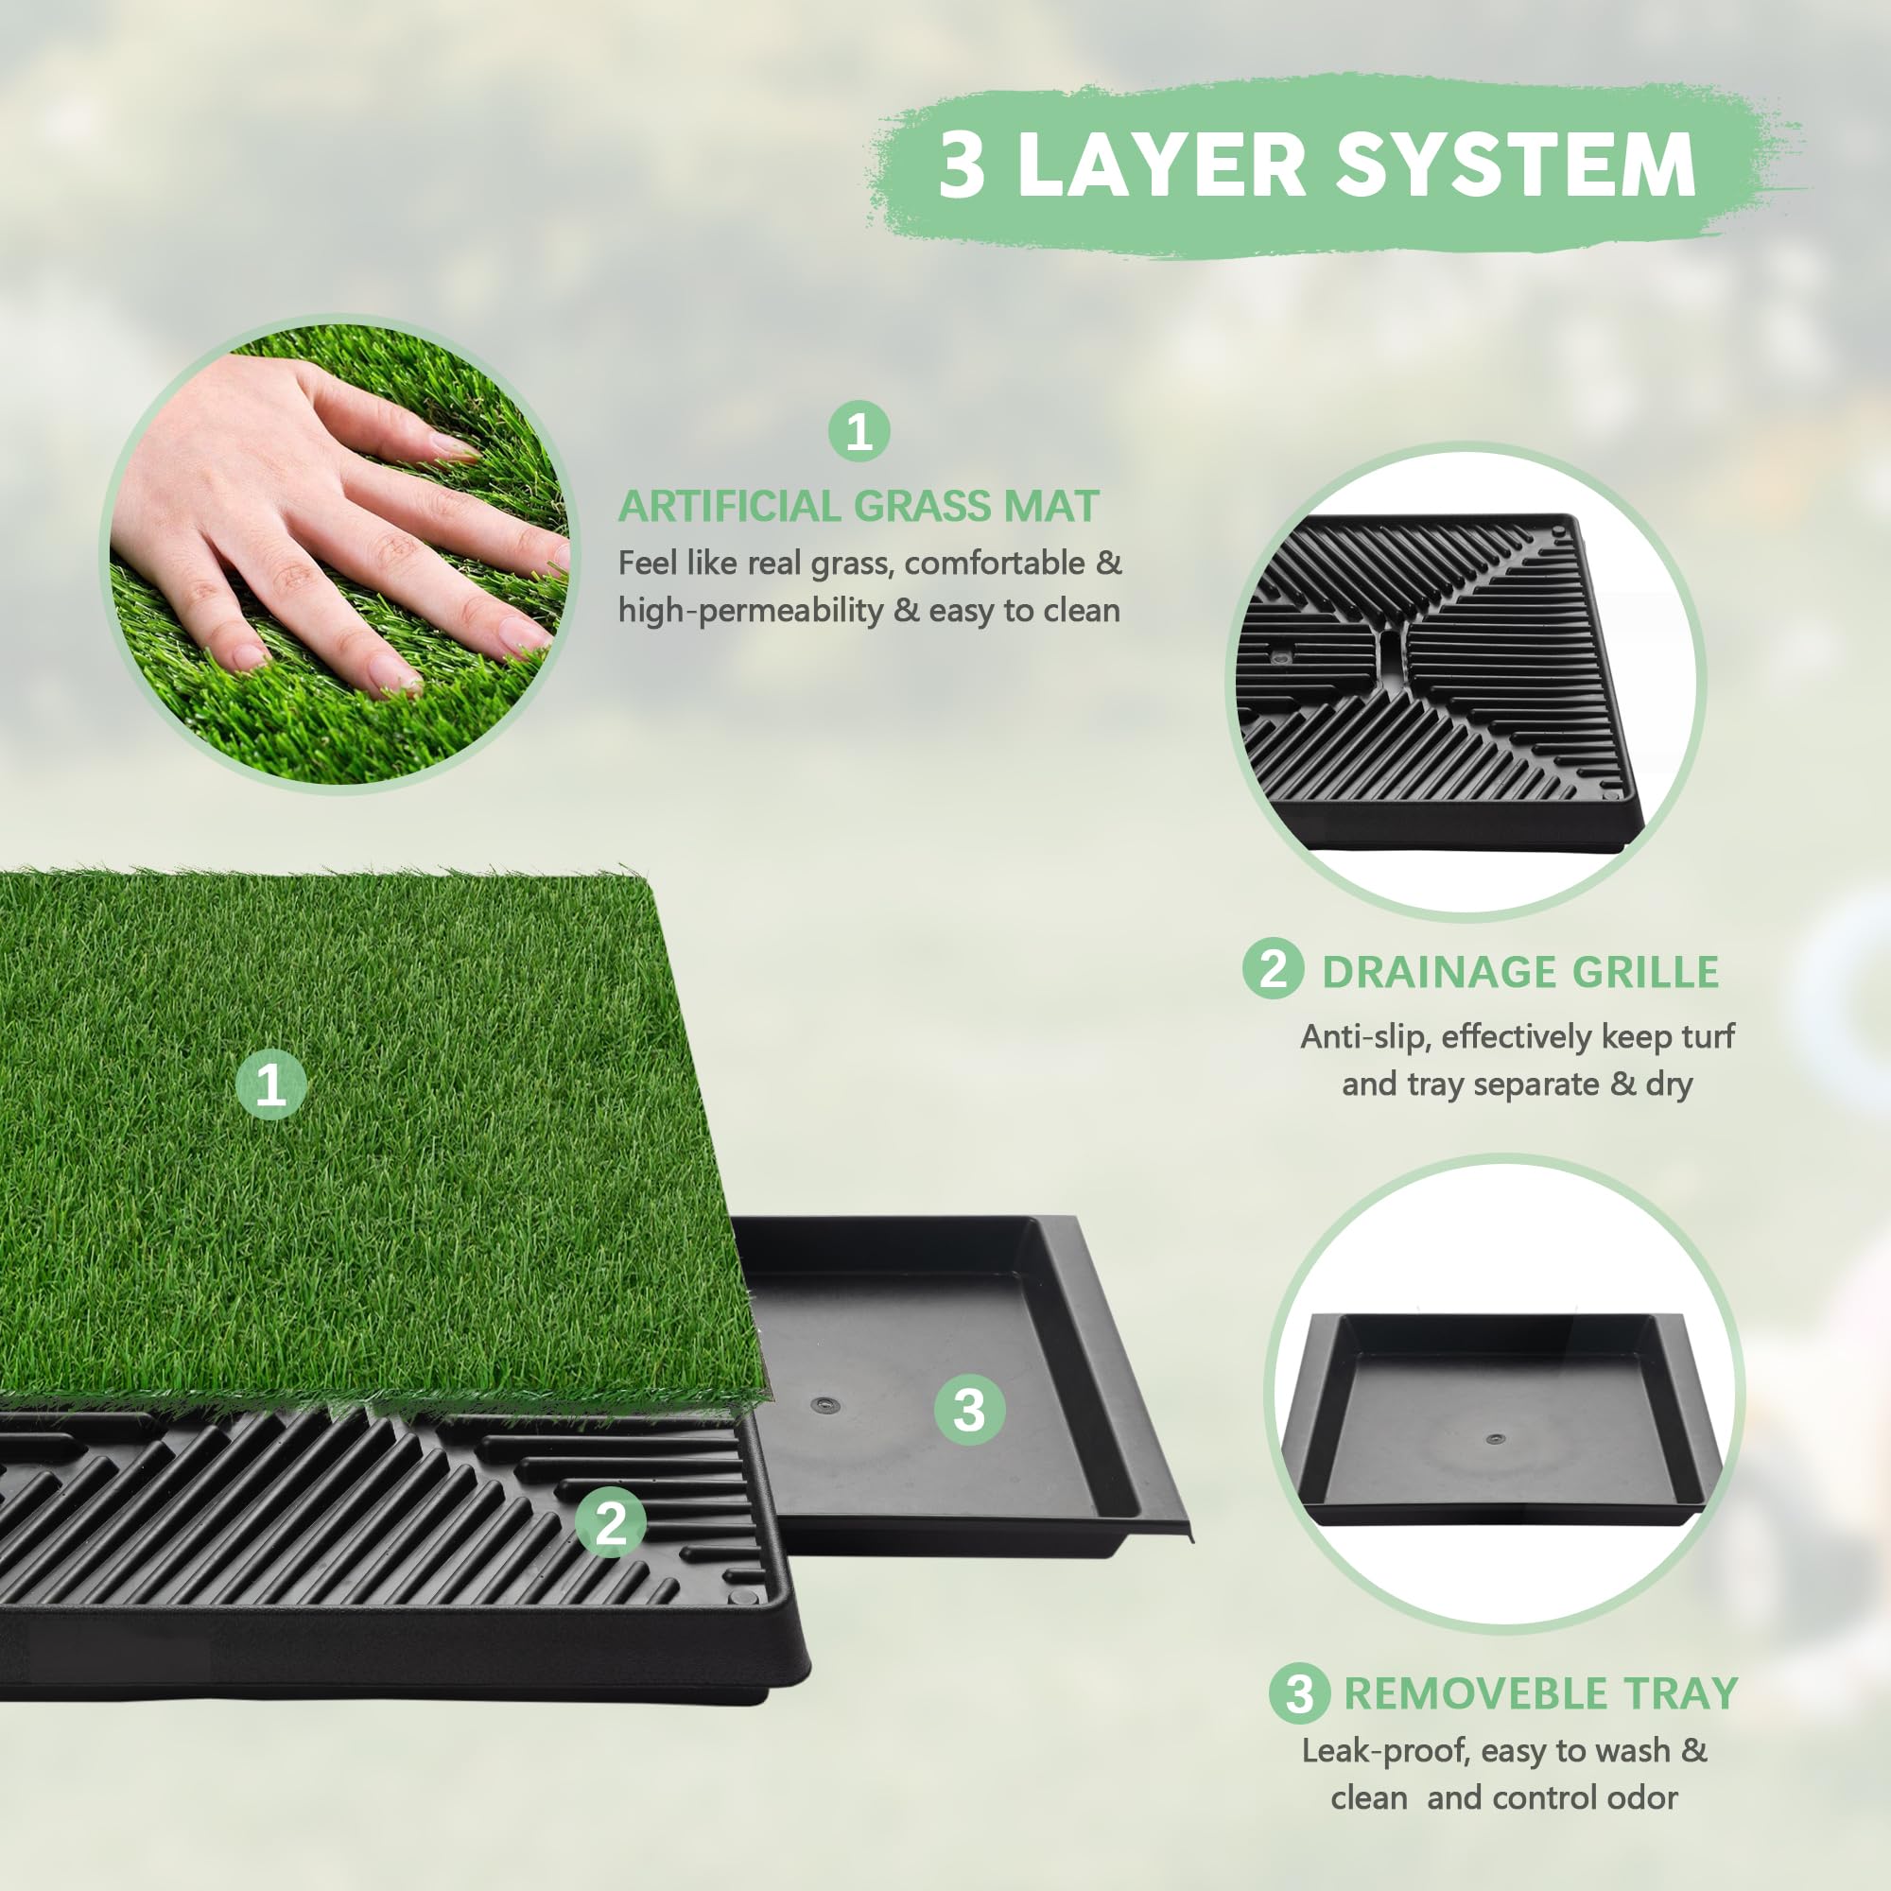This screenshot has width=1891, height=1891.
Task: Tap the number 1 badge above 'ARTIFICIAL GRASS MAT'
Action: pos(859,432)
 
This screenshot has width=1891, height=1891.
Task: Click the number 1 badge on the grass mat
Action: pos(271,1084)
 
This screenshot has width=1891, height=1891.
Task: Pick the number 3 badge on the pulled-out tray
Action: pos(968,1411)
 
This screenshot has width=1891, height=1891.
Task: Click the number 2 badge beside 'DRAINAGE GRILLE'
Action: pos(1273,969)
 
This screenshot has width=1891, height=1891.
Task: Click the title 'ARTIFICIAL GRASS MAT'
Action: pos(859,506)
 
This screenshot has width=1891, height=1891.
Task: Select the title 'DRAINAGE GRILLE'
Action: pos(1520,972)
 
